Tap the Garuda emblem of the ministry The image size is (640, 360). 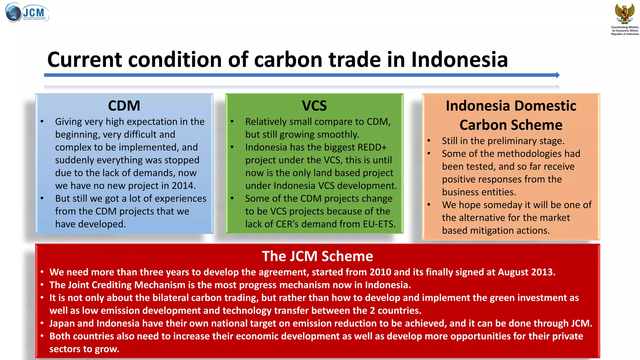coord(625,14)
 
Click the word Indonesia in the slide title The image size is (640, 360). coord(459,59)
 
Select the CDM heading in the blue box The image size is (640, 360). coord(124,106)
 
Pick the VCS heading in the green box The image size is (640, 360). coord(314,106)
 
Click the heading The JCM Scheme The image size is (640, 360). coord(317,256)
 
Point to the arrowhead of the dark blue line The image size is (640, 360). coord(558,75)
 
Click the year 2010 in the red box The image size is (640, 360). coord(380,272)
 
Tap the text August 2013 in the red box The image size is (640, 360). coord(525,272)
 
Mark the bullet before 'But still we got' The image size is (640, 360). coord(42,198)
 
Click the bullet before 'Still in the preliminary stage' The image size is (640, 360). coord(429,141)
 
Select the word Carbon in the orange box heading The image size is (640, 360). coord(480,125)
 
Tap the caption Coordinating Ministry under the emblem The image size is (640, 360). coord(625,27)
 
